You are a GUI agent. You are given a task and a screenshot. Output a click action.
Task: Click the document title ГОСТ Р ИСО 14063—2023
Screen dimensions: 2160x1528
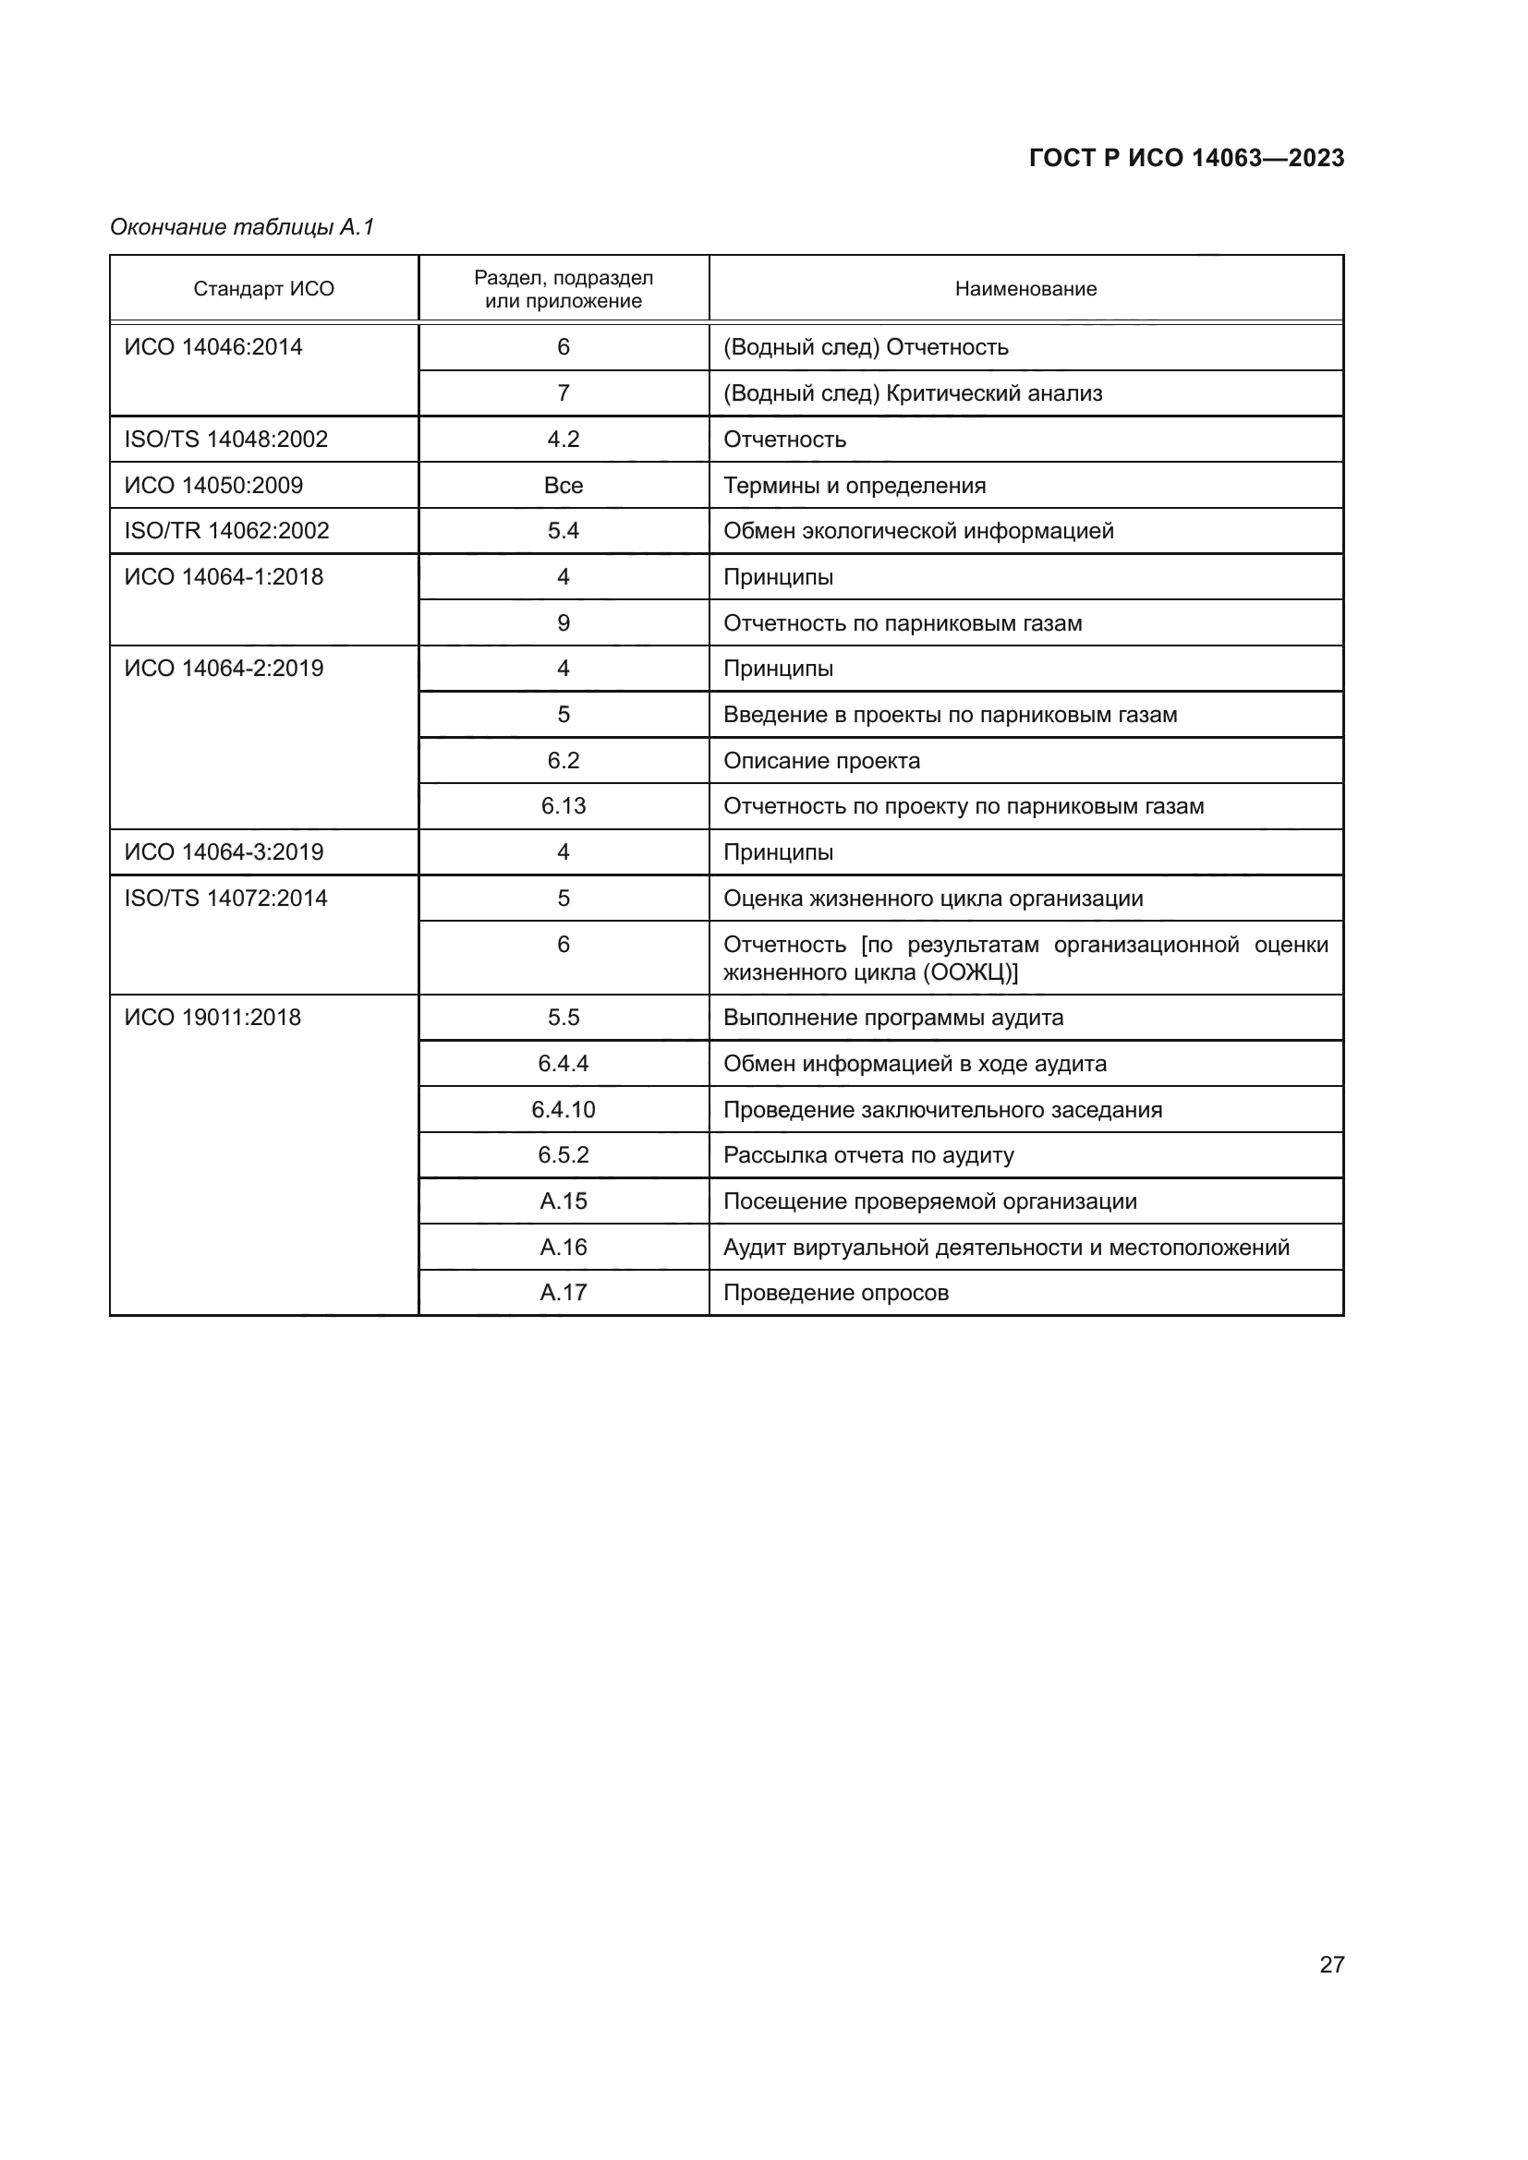(x=1185, y=158)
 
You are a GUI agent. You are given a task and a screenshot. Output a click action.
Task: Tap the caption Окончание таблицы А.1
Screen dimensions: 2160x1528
(x=242, y=227)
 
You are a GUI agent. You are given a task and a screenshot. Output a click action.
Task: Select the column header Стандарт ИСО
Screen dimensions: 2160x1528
(x=263, y=289)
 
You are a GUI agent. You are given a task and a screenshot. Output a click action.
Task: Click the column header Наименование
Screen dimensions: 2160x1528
(x=1025, y=289)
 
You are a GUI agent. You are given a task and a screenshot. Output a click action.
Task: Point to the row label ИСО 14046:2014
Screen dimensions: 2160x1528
(x=213, y=347)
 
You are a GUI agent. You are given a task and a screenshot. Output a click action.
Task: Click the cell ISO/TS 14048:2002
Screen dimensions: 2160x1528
(x=225, y=440)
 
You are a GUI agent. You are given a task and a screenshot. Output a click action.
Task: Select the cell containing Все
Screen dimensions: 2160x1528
(x=563, y=486)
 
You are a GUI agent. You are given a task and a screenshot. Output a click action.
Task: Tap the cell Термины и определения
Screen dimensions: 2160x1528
(x=855, y=486)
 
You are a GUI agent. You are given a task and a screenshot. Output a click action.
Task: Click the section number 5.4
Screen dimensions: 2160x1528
(x=563, y=531)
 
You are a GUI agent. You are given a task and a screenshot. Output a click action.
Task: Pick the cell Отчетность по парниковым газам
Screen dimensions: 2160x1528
(x=903, y=622)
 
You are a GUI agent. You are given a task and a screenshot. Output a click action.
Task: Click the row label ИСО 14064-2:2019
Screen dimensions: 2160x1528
(x=224, y=669)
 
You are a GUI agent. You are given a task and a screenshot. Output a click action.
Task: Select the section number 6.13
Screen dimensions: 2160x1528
(x=563, y=806)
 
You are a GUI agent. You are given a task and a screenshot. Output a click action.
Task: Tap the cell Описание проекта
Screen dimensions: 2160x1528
(x=821, y=760)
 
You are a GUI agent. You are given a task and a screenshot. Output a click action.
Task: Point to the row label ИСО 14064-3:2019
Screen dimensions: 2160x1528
(x=224, y=852)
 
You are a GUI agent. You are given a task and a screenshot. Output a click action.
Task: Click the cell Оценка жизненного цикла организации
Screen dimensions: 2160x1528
(x=932, y=899)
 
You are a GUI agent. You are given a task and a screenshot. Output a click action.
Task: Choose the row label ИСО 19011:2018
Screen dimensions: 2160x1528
(x=212, y=1018)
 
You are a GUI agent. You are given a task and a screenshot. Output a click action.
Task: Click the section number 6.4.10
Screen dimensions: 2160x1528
(x=563, y=1109)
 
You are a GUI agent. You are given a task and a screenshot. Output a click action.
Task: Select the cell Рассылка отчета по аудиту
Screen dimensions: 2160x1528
(x=868, y=1155)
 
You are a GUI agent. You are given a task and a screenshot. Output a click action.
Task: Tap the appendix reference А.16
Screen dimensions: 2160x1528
(x=563, y=1248)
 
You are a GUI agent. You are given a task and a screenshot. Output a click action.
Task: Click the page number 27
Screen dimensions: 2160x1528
(x=1331, y=1964)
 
